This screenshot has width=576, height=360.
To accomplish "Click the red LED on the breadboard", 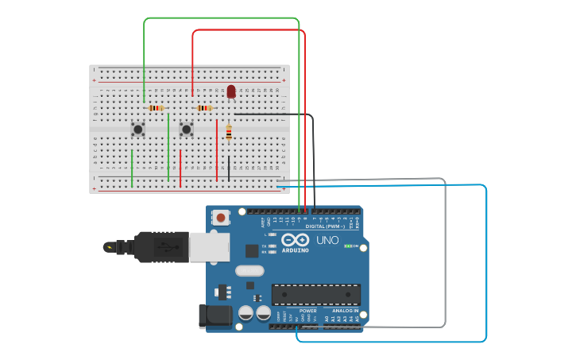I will pos(231,92).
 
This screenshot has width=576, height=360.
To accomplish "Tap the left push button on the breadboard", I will pos(138,129).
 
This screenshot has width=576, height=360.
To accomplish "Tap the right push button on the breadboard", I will pos(186,129).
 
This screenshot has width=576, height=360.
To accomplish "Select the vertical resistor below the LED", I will pos(229,133).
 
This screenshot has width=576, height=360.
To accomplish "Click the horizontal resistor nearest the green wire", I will pos(156,108).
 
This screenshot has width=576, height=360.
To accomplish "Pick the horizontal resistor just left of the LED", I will pos(204,108).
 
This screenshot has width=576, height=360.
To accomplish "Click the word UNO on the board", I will pos(327,240).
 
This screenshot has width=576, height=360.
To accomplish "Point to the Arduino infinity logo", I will pos(295,240).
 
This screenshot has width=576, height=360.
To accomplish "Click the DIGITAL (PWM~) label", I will pos(326,226).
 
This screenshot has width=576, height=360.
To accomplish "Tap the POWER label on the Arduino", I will pos(297,311).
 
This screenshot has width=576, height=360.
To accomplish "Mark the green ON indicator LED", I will pos(348,246).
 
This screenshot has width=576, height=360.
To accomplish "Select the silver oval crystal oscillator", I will pos(249,270).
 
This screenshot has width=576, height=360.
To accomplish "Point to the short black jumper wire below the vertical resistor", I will pos(229,167).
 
